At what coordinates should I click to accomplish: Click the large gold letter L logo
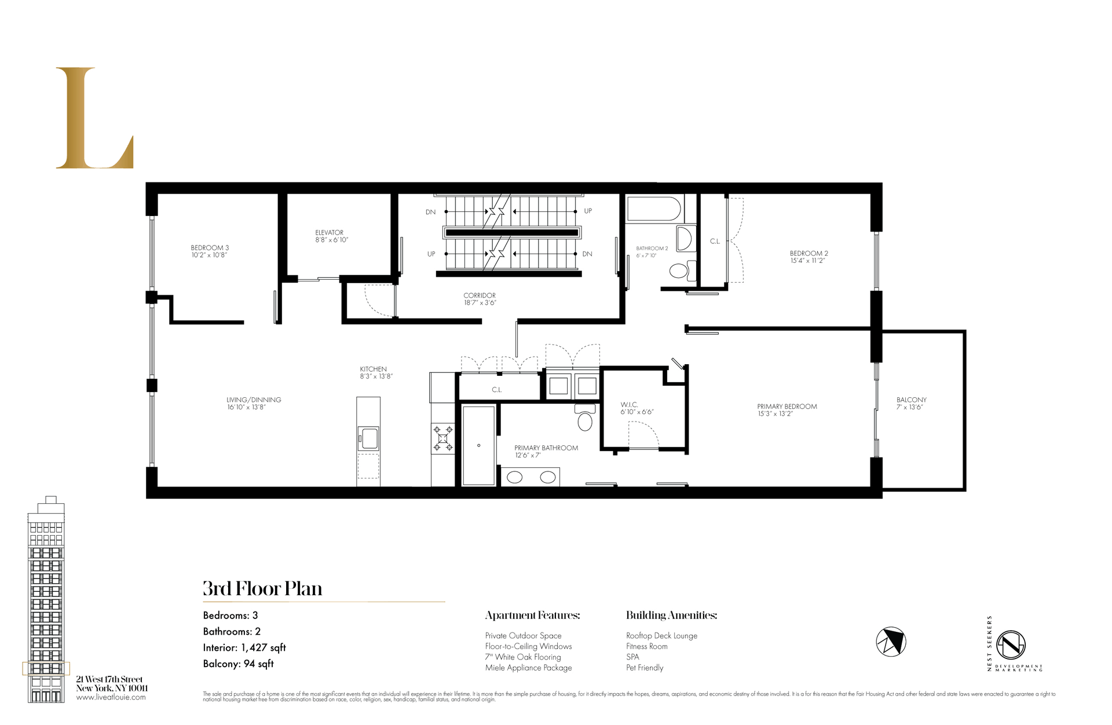tap(94, 119)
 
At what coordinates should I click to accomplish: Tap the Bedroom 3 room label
tap(210, 251)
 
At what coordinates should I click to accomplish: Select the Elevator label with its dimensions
tap(331, 236)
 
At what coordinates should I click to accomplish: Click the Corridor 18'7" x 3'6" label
tap(480, 299)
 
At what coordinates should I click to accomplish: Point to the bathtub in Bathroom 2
tap(654, 210)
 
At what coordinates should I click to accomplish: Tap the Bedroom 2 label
tap(809, 257)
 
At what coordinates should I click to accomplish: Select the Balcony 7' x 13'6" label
tap(911, 403)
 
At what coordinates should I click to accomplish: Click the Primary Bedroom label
tap(787, 410)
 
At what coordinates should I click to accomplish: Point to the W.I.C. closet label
tap(636, 408)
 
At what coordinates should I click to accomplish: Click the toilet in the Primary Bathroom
tap(585, 418)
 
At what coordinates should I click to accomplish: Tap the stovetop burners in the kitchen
tap(443, 438)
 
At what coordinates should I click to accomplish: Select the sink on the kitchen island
tap(368, 438)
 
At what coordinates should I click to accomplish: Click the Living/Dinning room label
tap(254, 403)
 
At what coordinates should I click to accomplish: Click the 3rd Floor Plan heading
tap(262, 589)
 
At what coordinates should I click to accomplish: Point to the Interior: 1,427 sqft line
tap(244, 647)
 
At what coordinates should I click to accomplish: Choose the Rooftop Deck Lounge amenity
tap(661, 636)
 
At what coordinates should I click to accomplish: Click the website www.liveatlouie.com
tap(111, 697)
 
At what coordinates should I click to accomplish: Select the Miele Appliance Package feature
tap(528, 668)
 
